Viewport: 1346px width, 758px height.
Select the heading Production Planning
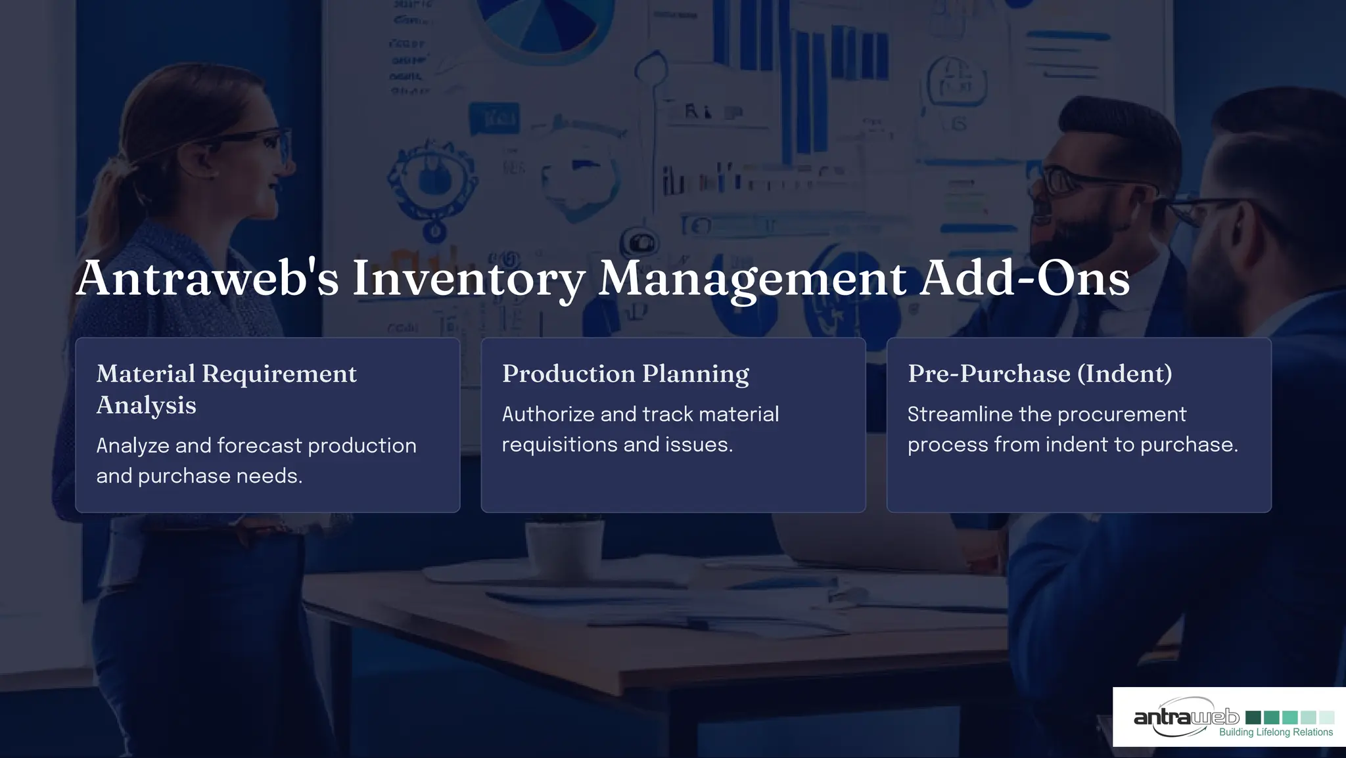coord(625,374)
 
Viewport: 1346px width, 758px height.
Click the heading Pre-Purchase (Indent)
coord(1040,374)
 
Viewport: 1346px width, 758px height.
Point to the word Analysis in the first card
coord(146,405)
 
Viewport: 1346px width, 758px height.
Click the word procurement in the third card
coord(1121,414)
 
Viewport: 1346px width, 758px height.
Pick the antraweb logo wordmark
coord(1186,717)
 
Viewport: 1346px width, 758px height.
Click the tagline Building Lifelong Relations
coord(1276,732)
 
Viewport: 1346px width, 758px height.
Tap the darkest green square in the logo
coord(1253,717)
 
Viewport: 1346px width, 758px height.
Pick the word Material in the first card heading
coord(145,374)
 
